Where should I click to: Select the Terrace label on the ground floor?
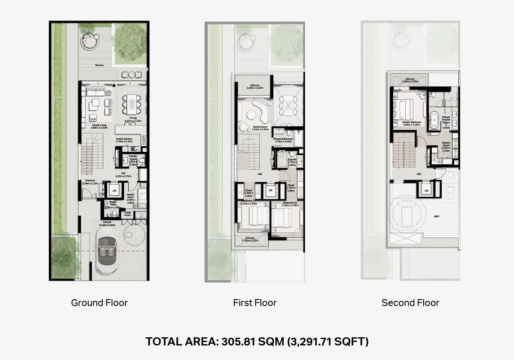[x=99, y=65]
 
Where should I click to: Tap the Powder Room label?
[x=133, y=157]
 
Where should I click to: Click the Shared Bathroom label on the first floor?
[x=284, y=139]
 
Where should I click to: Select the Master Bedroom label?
[x=412, y=122]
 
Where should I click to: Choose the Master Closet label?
[x=446, y=144]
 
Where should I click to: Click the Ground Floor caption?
[x=99, y=303]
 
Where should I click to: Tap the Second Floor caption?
[x=410, y=303]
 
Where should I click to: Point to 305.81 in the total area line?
[x=235, y=342]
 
